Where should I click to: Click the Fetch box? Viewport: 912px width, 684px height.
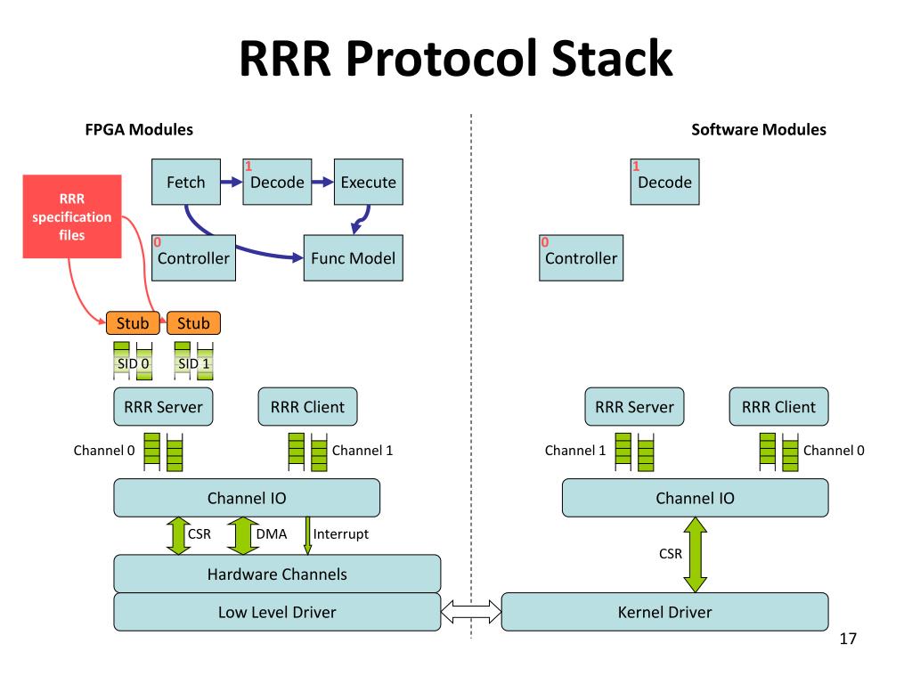pos(186,182)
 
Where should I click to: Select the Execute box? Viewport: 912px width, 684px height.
pos(368,182)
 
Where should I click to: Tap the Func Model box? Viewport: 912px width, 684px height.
pos(353,257)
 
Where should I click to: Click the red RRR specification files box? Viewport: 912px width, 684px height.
pos(72,216)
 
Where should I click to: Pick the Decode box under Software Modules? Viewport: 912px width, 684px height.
pos(664,182)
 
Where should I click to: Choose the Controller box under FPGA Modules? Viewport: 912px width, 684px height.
pos(193,257)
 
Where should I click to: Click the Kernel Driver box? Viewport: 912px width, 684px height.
pos(664,612)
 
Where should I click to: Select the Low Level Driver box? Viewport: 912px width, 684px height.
pos(277,612)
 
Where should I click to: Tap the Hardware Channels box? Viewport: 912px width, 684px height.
pos(277,574)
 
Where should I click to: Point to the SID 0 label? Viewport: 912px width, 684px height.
pos(134,363)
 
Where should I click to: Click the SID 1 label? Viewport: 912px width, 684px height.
pos(193,363)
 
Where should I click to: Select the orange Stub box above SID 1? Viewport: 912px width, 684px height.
pos(193,322)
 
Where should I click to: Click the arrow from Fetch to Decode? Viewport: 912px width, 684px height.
pos(231,182)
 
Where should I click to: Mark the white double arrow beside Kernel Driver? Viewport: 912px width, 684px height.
pos(471,612)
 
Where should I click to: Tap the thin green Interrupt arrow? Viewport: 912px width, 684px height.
pos(307,535)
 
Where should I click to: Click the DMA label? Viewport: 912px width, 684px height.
pos(272,534)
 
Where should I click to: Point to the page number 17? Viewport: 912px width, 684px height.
pos(848,639)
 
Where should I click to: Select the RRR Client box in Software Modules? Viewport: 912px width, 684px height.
pos(778,406)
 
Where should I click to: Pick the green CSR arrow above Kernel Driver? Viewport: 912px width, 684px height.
pos(695,554)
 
